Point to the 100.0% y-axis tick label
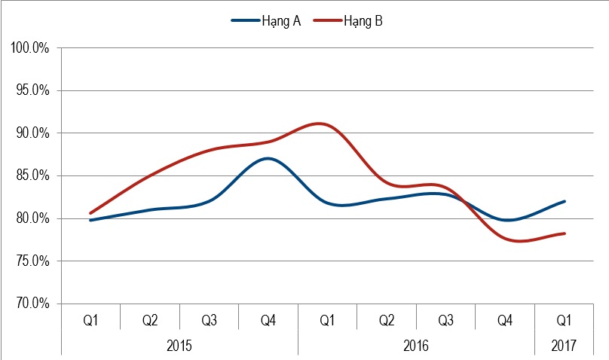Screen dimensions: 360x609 pyautogui.click(x=30, y=48)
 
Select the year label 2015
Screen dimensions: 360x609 pyautogui.click(x=179, y=346)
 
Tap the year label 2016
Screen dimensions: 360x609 pyautogui.click(x=416, y=346)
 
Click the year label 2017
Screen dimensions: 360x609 pyautogui.click(x=563, y=346)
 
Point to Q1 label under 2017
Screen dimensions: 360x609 pyautogui.click(x=563, y=321)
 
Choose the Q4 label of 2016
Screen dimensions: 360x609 pyautogui.click(x=504, y=321)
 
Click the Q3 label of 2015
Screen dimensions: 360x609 pyautogui.click(x=209, y=321)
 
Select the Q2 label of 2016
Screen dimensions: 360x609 pyautogui.click(x=386, y=321)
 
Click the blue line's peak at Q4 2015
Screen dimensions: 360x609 pyautogui.click(x=268, y=158)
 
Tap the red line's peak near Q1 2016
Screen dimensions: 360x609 pyautogui.click(x=321, y=124)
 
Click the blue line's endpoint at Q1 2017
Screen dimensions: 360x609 pyautogui.click(x=565, y=201)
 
